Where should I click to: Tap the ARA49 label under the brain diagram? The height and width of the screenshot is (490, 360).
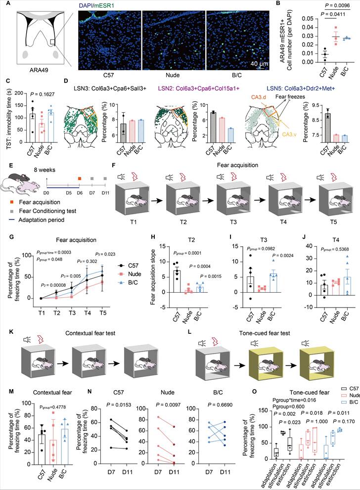[x=37, y=71]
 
